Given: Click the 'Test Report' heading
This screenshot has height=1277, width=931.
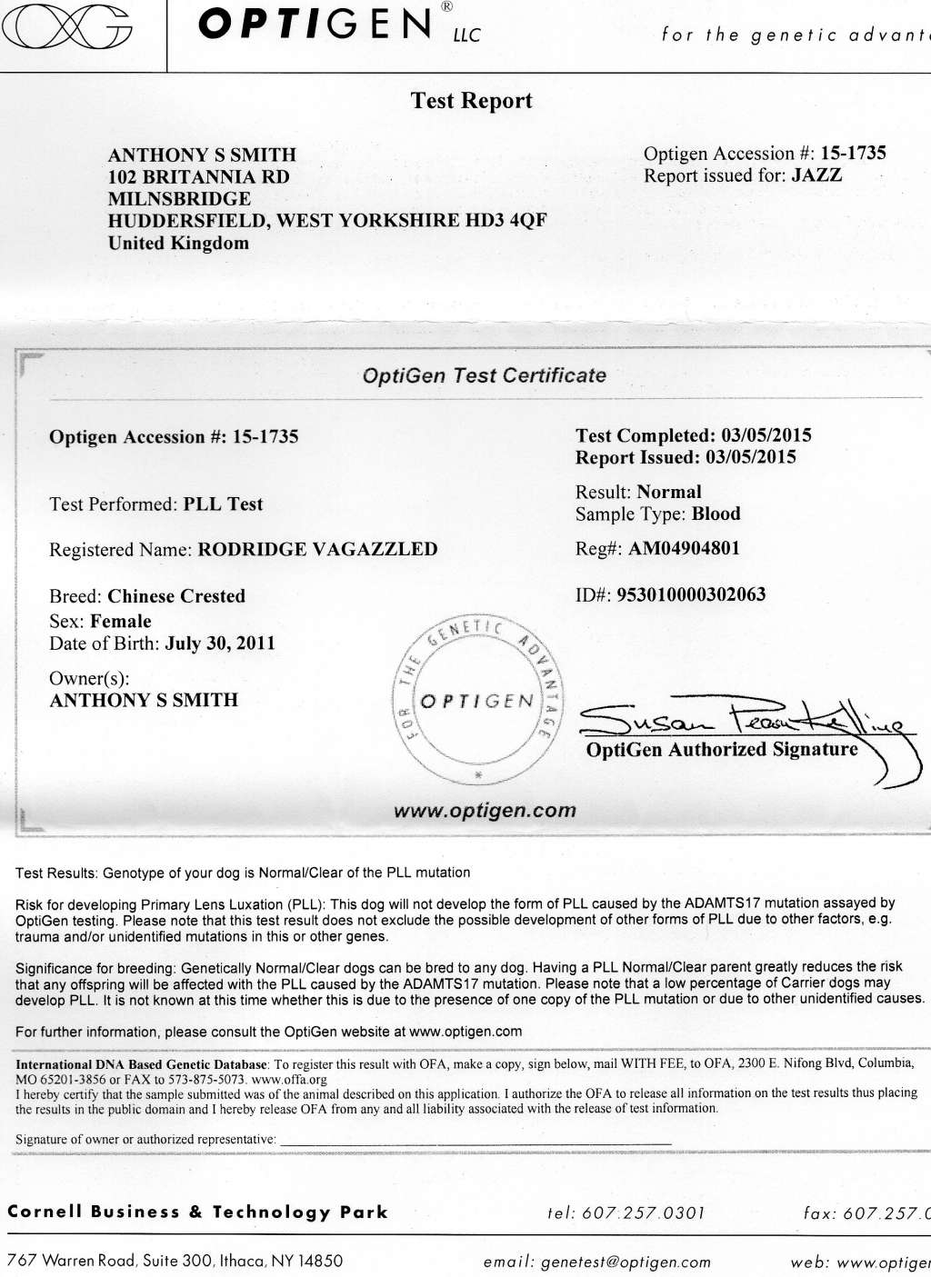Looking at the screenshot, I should [471, 101].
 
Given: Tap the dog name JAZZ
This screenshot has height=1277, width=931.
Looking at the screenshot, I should [816, 175].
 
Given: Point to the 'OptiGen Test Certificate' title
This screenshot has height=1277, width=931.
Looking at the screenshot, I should [484, 375].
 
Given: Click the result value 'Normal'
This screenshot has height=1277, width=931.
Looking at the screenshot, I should [669, 492].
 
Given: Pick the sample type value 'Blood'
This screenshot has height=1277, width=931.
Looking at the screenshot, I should [716, 514].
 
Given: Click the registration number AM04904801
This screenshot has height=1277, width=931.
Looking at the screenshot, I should [684, 548].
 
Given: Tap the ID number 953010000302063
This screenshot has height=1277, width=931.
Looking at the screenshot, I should [691, 594].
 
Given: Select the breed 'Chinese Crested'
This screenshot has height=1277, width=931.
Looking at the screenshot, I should [176, 596].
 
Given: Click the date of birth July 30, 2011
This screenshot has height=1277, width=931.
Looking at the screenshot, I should [220, 643].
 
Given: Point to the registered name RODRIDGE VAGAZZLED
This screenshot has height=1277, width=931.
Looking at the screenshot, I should [317, 549].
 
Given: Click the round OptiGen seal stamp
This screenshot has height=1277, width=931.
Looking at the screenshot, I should [477, 701].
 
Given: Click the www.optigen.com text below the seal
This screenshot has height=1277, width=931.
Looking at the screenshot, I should [485, 811].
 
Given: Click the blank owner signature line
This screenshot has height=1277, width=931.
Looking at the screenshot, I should [476, 1140].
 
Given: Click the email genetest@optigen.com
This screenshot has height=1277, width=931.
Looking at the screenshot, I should [626, 1262].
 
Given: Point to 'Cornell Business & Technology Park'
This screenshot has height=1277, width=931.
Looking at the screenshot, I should [197, 1212].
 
